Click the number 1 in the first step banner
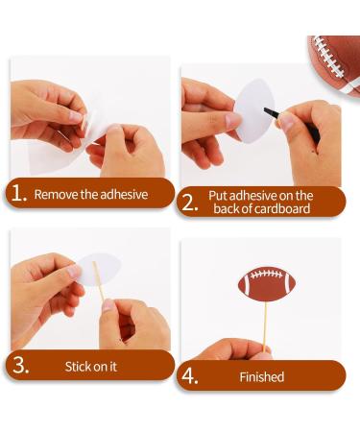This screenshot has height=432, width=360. click(x=18, y=193)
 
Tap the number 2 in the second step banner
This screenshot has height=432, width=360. click(x=189, y=202)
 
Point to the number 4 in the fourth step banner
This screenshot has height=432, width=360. click(x=190, y=376)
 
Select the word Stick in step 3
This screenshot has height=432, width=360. click(x=79, y=366)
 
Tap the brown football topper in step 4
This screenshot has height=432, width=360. click(x=266, y=284)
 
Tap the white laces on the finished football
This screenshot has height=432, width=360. click(x=266, y=282)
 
